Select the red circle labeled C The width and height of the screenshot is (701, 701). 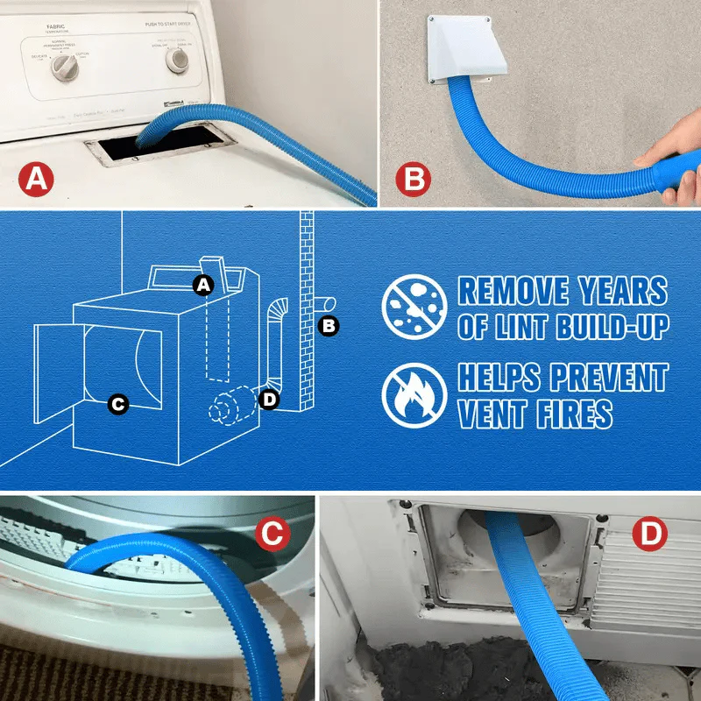(x=273, y=535)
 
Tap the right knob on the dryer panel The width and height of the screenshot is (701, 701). (x=178, y=59)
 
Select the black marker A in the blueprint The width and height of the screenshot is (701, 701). (x=203, y=284)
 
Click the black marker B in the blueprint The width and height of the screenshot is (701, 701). (x=329, y=326)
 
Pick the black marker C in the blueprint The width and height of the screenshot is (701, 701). (x=117, y=404)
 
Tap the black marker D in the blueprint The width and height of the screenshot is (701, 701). (x=270, y=400)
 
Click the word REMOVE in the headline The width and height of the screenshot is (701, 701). (x=514, y=292)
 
